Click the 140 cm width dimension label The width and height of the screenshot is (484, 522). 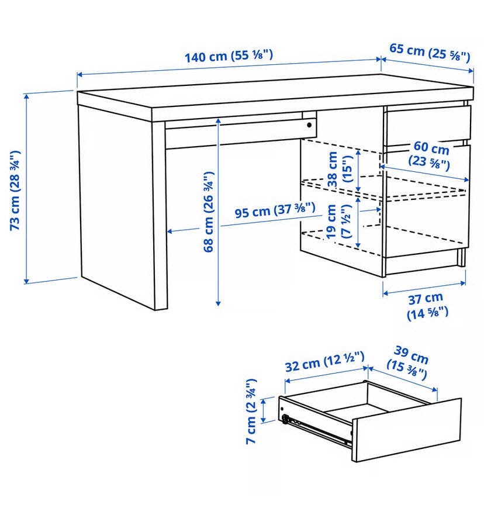click(x=229, y=56)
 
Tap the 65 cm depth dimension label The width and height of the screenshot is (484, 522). click(x=430, y=52)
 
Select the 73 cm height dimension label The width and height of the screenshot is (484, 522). click(x=15, y=191)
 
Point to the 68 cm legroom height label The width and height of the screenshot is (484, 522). click(x=208, y=212)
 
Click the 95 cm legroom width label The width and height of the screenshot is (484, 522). click(x=275, y=210)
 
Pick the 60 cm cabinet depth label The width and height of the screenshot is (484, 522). click(x=430, y=155)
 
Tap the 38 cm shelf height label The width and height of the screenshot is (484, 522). click(x=340, y=169)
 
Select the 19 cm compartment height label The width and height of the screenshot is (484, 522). click(x=338, y=221)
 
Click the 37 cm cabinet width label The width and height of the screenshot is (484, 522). click(x=427, y=306)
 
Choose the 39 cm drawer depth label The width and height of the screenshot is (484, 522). click(x=408, y=363)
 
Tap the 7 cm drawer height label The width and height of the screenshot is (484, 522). click(x=251, y=411)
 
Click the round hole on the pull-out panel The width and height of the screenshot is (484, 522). click(x=309, y=125)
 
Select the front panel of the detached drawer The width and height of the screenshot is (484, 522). click(x=407, y=430)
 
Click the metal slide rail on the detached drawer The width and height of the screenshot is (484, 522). click(x=316, y=430)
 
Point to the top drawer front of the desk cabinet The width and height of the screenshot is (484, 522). click(x=428, y=125)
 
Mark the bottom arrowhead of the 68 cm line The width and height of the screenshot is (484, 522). click(x=218, y=303)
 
